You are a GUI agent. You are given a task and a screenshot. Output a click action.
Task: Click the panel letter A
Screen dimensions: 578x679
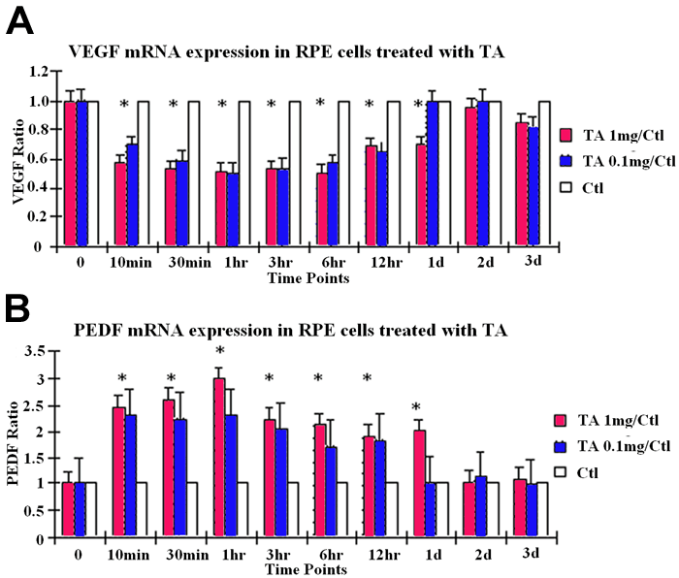tap(21, 20)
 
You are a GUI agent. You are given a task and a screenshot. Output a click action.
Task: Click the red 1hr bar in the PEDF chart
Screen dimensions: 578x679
tap(219, 456)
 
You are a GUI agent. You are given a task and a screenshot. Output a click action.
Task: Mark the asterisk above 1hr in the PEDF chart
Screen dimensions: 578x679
tap(220, 351)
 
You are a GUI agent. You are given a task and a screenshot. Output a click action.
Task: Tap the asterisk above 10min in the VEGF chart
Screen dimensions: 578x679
tap(123, 105)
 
